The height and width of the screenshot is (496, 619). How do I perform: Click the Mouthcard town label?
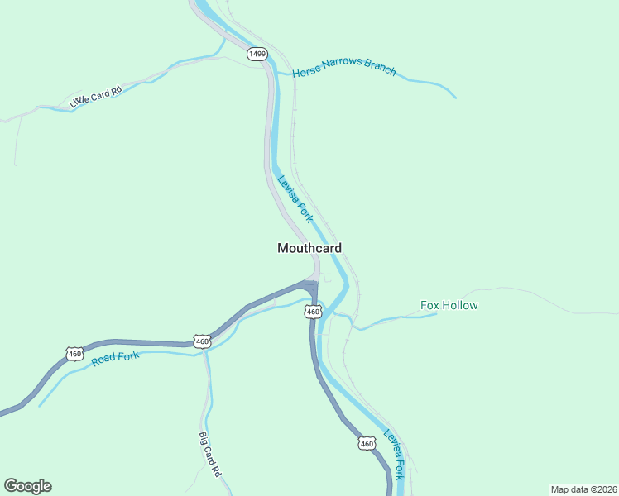(x=309, y=248)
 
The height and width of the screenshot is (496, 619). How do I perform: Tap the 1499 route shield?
(x=257, y=54)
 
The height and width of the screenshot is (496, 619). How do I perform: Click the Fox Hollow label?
(x=449, y=305)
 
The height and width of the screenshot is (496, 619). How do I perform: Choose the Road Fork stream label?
(x=116, y=358)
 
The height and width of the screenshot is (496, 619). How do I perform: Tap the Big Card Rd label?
(x=210, y=454)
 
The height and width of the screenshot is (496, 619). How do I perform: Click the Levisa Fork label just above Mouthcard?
(x=295, y=198)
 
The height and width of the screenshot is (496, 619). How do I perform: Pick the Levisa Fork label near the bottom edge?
(x=394, y=455)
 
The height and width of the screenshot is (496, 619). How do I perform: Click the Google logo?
(x=27, y=486)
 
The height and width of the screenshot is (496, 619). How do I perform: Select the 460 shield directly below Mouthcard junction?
(x=312, y=312)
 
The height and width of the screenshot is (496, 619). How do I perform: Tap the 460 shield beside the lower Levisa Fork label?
(x=367, y=444)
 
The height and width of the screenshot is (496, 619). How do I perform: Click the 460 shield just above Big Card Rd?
(x=202, y=341)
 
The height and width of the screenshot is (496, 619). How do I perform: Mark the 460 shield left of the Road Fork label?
(x=75, y=354)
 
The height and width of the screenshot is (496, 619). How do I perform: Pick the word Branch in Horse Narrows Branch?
(x=380, y=69)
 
